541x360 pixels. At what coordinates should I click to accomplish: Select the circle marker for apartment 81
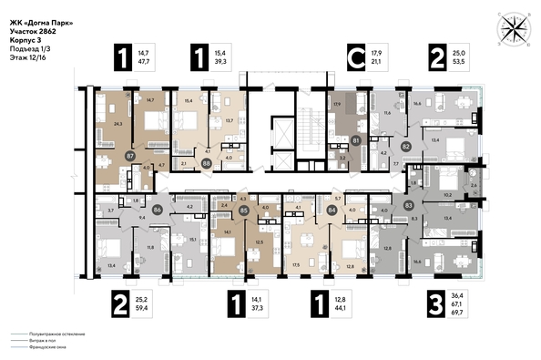[356, 140]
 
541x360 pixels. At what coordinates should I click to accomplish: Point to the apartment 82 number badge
[405, 145]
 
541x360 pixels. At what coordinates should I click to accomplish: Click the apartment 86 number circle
[158, 209]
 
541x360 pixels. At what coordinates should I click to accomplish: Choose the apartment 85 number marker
[243, 211]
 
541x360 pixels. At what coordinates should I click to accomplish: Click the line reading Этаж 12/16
[31, 57]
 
